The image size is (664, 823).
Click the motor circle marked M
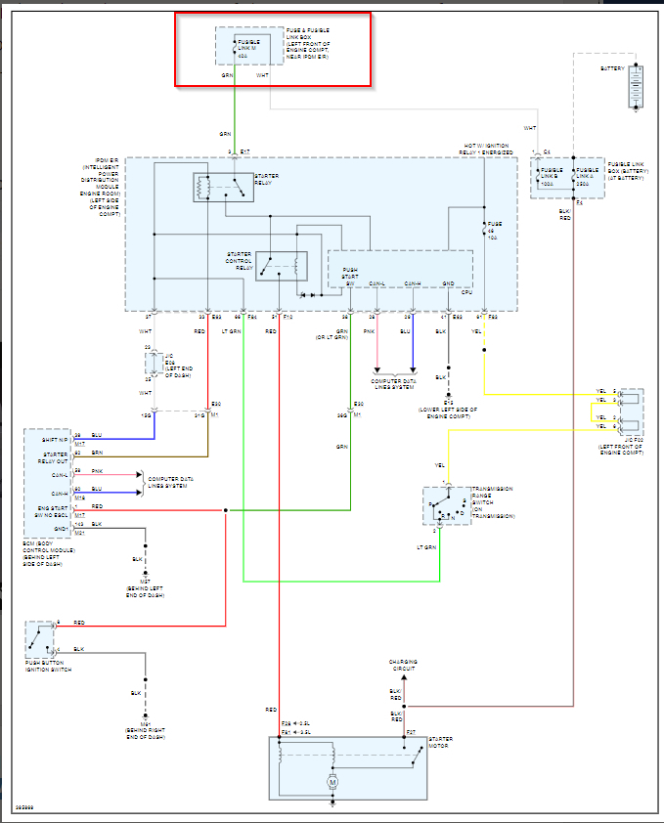tap(332, 783)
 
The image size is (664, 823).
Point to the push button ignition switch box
tap(40, 639)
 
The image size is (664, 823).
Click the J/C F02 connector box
tap(632, 411)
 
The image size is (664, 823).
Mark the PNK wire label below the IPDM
tap(370, 331)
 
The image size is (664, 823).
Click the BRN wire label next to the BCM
tap(96, 453)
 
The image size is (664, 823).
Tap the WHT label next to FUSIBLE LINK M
tap(262, 74)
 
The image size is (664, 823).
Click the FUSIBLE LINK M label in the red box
tap(250, 45)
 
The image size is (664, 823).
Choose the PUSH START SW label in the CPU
tap(349, 276)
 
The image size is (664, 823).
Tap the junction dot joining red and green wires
tap(226, 510)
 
